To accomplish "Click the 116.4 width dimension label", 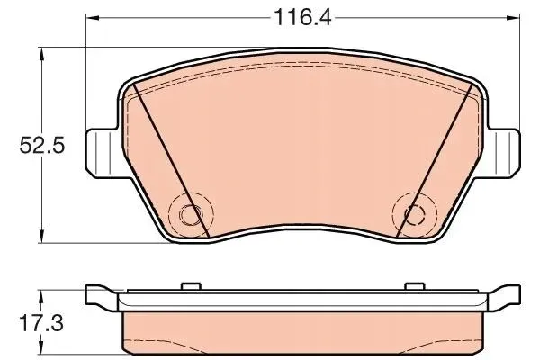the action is [x=302, y=17].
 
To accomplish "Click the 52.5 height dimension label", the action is [x=42, y=146].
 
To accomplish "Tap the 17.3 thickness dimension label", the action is [x=42, y=323].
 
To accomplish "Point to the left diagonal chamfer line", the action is [x=171, y=160].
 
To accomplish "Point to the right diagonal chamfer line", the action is [x=435, y=160].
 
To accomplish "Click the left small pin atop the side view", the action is [x=191, y=286].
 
